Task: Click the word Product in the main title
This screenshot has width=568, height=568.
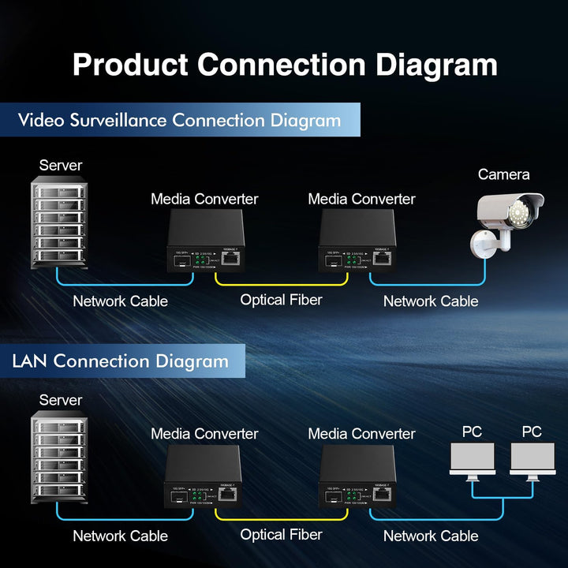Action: click(129, 65)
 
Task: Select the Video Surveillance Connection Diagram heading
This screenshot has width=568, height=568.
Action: click(179, 121)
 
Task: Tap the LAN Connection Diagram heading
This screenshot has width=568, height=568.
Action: click(120, 361)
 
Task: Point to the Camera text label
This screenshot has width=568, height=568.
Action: click(503, 174)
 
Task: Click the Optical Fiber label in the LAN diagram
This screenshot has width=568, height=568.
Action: click(281, 535)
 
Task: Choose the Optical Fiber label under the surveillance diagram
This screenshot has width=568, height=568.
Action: click(281, 300)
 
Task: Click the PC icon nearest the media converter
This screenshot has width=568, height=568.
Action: click(472, 461)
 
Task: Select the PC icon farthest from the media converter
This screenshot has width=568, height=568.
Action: click(532, 461)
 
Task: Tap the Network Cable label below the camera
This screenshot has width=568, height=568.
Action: click(431, 301)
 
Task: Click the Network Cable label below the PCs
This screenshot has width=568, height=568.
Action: click(431, 536)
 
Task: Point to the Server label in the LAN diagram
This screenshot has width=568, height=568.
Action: click(61, 400)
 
